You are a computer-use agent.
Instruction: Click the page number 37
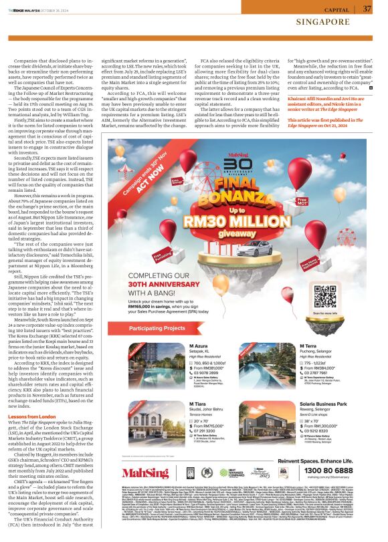point(367,9)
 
